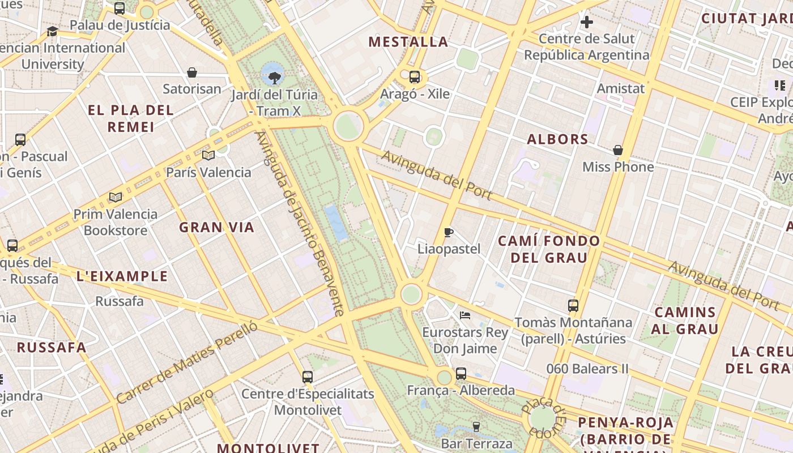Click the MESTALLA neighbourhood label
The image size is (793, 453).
click(408, 42)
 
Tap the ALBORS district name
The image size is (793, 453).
click(557, 139)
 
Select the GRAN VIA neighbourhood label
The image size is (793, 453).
click(217, 228)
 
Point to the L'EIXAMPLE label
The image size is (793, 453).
click(122, 276)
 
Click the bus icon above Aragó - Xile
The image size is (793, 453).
click(415, 77)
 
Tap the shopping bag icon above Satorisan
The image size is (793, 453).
click(192, 72)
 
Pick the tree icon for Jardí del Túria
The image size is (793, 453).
click(275, 78)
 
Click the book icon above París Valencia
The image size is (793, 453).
click(208, 155)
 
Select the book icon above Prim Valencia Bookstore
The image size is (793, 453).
click(116, 197)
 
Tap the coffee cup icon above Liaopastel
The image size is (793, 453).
click(449, 232)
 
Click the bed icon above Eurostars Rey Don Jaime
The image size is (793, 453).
click(465, 315)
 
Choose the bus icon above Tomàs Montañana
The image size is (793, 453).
click(573, 306)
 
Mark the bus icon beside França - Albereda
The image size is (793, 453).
click(461, 374)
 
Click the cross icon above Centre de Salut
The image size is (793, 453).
click(587, 23)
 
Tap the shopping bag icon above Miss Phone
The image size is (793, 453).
click(618, 150)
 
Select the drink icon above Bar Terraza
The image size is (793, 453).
click(476, 426)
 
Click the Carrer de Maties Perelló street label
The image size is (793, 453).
click(187, 362)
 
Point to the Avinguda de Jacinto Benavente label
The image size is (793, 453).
click(300, 224)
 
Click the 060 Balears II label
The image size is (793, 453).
click(587, 369)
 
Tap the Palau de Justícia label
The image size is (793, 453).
click(120, 25)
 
